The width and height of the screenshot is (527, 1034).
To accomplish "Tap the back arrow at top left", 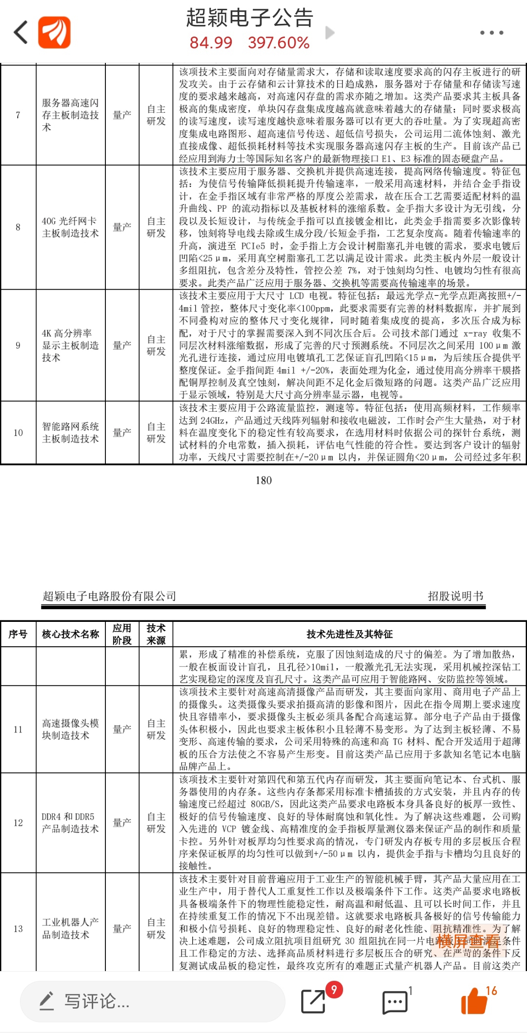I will [x=21, y=33].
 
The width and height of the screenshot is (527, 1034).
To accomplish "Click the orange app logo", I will [x=54, y=33].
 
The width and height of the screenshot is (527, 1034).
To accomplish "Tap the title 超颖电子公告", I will [x=249, y=18].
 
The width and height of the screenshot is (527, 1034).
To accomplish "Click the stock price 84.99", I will [x=211, y=43].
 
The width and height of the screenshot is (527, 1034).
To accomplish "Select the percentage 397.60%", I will [x=279, y=43].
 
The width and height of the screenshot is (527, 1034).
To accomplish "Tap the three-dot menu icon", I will [x=491, y=33].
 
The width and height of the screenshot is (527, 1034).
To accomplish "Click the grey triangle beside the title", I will [x=330, y=33].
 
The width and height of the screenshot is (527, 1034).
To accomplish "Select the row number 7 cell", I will [x=18, y=115].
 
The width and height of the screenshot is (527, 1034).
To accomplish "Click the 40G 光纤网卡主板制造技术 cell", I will [x=70, y=227].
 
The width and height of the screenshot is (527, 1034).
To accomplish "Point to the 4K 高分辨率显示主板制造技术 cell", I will [x=70, y=345].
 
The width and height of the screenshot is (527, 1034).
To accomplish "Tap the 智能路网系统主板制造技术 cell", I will [x=70, y=433].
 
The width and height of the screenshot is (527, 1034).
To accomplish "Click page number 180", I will [x=263, y=480].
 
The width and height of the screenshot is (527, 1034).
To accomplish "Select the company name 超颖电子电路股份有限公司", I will [x=109, y=596].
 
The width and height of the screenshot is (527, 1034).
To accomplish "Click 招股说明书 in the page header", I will [x=455, y=596].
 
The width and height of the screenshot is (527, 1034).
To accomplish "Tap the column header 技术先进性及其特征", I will [x=349, y=634].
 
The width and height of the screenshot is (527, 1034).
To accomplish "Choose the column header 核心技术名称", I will [x=70, y=634].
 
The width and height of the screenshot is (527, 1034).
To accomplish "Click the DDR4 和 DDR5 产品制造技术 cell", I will [x=70, y=823].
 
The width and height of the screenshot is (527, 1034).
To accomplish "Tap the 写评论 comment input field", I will [x=151, y=1002].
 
